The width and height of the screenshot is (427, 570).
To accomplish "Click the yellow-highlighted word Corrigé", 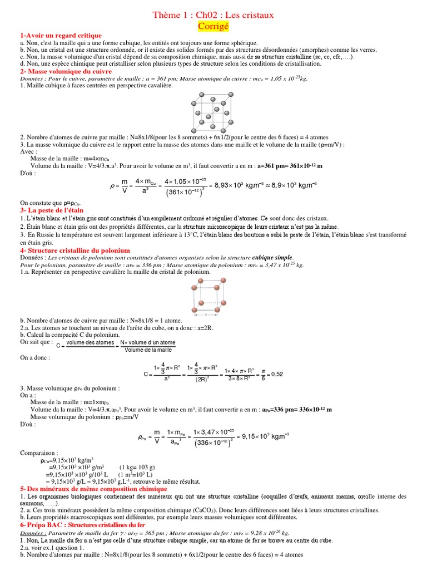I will pyautogui.click(x=213, y=26).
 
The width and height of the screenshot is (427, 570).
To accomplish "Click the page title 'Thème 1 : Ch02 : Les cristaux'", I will pyautogui.click(x=213, y=14).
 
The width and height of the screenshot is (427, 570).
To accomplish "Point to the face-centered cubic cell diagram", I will pyautogui.click(x=213, y=111).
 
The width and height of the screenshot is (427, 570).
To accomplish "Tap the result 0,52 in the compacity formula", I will pyautogui.click(x=276, y=374).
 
